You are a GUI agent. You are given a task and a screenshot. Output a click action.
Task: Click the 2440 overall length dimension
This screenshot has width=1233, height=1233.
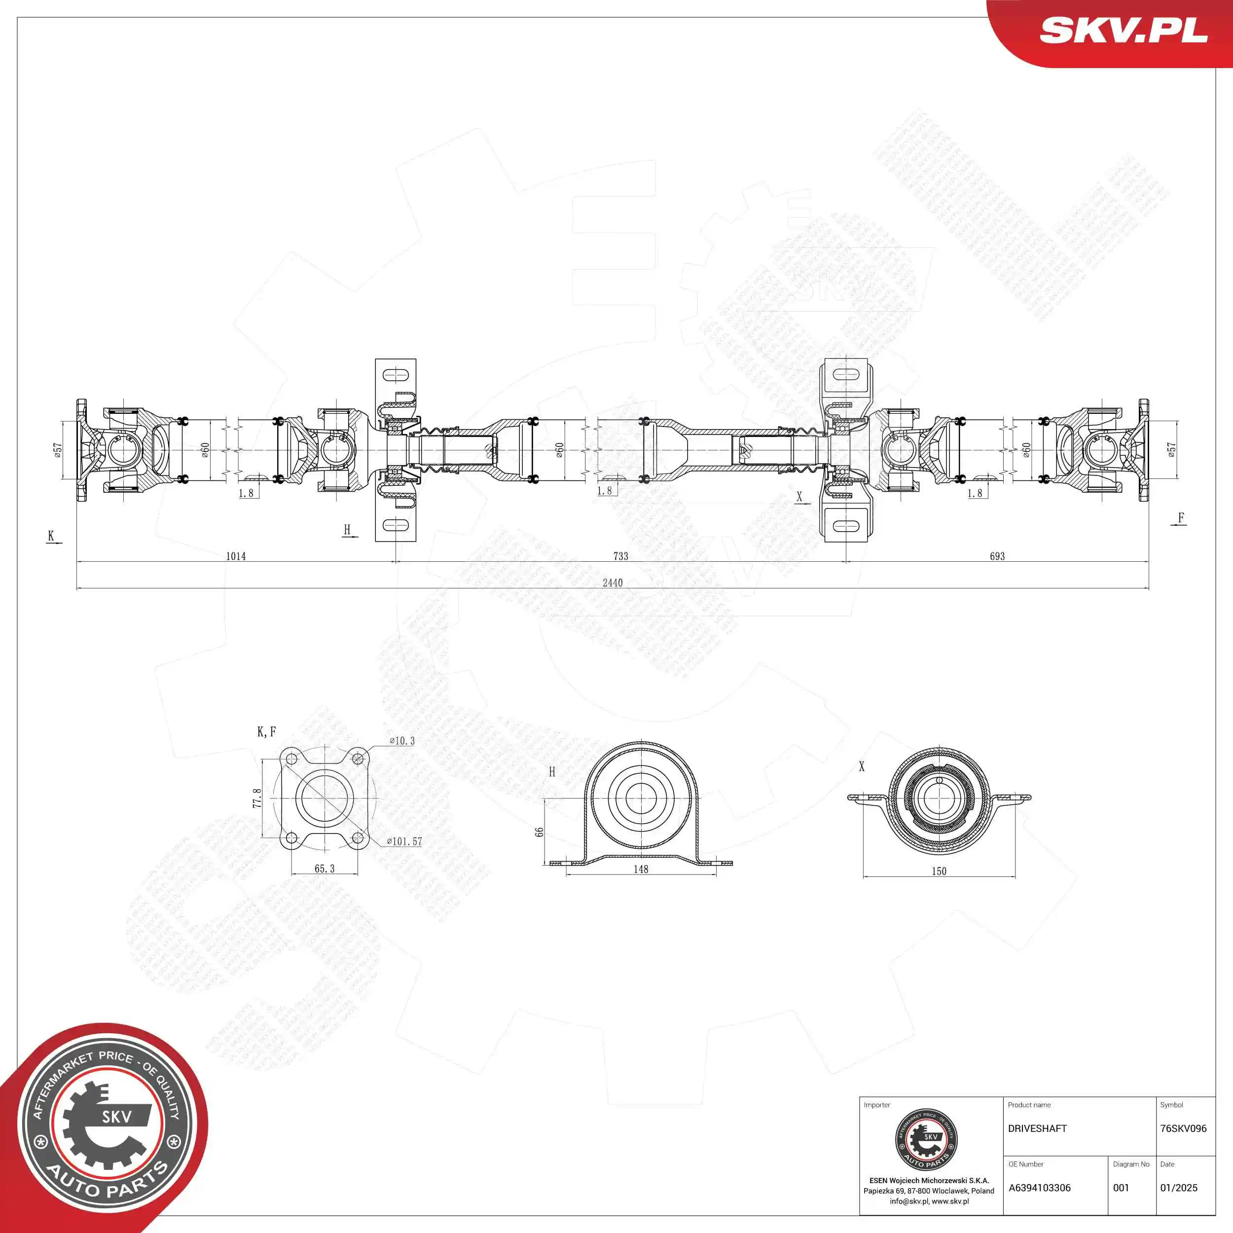pyautogui.click(x=612, y=582)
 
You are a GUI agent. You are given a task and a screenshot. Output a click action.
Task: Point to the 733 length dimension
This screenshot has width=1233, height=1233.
pyautogui.click(x=620, y=556)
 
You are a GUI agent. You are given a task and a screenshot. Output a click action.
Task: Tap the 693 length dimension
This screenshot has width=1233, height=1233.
pyautogui.click(x=997, y=556)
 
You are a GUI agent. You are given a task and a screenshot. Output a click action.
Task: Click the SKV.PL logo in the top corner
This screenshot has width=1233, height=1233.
pyautogui.click(x=1123, y=30)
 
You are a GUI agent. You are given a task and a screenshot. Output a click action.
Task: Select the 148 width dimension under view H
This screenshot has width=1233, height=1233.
pyautogui.click(x=641, y=869)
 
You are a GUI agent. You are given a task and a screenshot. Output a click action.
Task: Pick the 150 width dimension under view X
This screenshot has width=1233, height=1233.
pyautogui.click(x=939, y=870)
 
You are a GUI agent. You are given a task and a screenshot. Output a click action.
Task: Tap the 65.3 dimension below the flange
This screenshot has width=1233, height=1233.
pyautogui.click(x=324, y=868)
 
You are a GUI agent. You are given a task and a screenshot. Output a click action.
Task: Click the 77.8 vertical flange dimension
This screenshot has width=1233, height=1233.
pyautogui.click(x=257, y=798)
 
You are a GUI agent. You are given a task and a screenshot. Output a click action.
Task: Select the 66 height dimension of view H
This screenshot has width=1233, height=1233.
pyautogui.click(x=539, y=832)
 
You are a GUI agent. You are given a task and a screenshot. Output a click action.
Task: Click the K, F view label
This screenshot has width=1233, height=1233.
pyautogui.click(x=266, y=731)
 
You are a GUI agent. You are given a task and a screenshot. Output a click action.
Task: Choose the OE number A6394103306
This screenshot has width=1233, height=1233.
pyautogui.click(x=1039, y=1188)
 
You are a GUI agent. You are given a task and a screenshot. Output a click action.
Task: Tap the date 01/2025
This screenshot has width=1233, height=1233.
pyautogui.click(x=1178, y=1188)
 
